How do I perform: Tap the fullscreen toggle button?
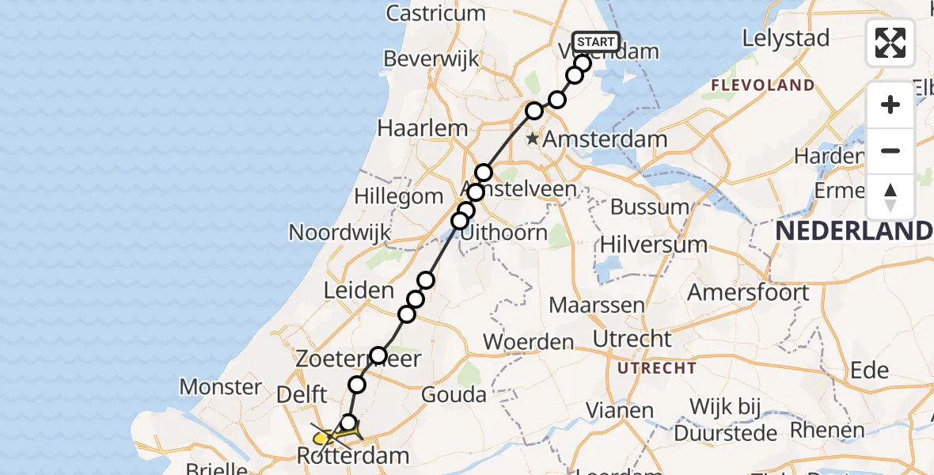tap(890, 43)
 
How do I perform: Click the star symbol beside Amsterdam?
tap(533, 139)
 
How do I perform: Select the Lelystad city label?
tap(786, 38)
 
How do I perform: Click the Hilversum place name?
tap(654, 244)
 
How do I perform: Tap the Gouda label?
tap(454, 393)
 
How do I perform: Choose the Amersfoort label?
tap(748, 292)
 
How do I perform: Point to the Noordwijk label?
tap(340, 233)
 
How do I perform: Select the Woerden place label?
tap(528, 342)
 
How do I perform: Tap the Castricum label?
tap(435, 13)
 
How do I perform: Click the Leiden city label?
tap(359, 290)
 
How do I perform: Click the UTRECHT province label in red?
tap(657, 368)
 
